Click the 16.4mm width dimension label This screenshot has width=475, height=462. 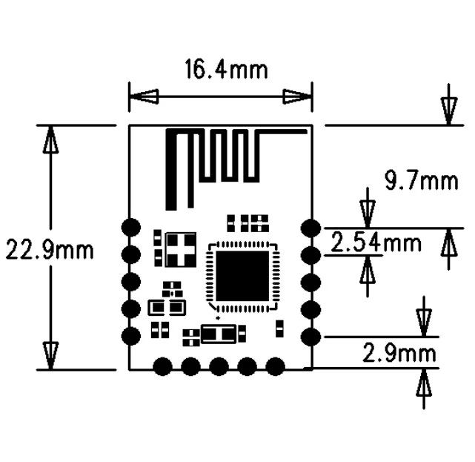tap(226, 71)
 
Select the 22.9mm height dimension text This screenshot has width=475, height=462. tap(50, 249)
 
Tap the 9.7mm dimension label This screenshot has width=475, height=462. tap(420, 179)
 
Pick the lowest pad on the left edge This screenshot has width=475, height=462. tap(131, 336)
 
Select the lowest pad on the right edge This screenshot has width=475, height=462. tap(310, 337)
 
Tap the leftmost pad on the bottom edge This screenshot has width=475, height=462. tap(162, 366)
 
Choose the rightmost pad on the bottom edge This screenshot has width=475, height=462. tap(276, 366)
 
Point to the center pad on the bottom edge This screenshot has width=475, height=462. tap(219, 366)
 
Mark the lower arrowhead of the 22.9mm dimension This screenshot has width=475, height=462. tap(51, 354)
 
